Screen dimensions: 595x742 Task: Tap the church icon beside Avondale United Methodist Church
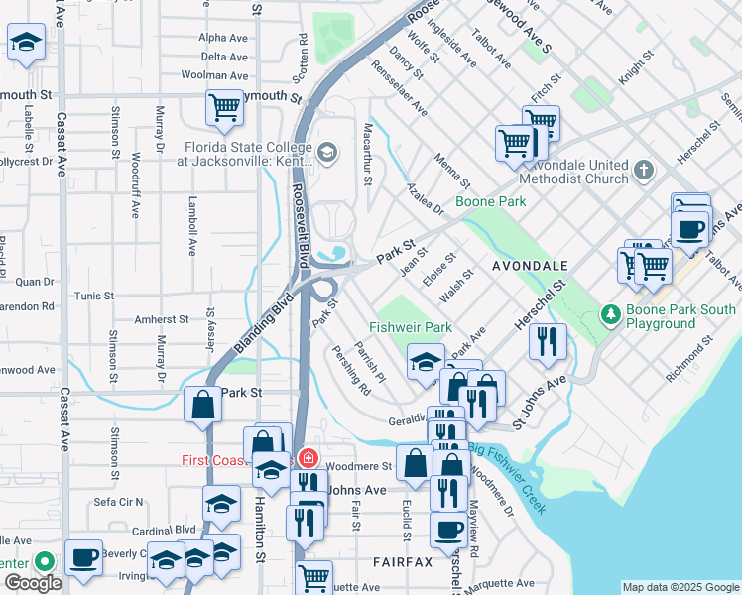pyautogui.click(x=644, y=171)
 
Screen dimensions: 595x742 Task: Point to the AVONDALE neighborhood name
pyautogui.click(x=530, y=266)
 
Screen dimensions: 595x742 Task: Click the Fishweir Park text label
pyautogui.click(x=410, y=326)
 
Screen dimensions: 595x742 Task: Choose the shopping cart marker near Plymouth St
pyautogui.click(x=224, y=108)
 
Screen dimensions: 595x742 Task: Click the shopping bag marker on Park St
pyautogui.click(x=203, y=406)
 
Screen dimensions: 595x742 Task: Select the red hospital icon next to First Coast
pyautogui.click(x=309, y=459)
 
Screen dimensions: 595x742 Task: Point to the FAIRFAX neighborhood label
pyautogui.click(x=403, y=561)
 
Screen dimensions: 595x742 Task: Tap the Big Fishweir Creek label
pyautogui.click(x=507, y=465)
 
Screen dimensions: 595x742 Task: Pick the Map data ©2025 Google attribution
pyautogui.click(x=680, y=587)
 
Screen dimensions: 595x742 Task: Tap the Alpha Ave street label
pyautogui.click(x=223, y=37)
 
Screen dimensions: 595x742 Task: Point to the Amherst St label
pyautogui.click(x=162, y=319)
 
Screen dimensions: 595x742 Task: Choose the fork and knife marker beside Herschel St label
pyautogui.click(x=548, y=342)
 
